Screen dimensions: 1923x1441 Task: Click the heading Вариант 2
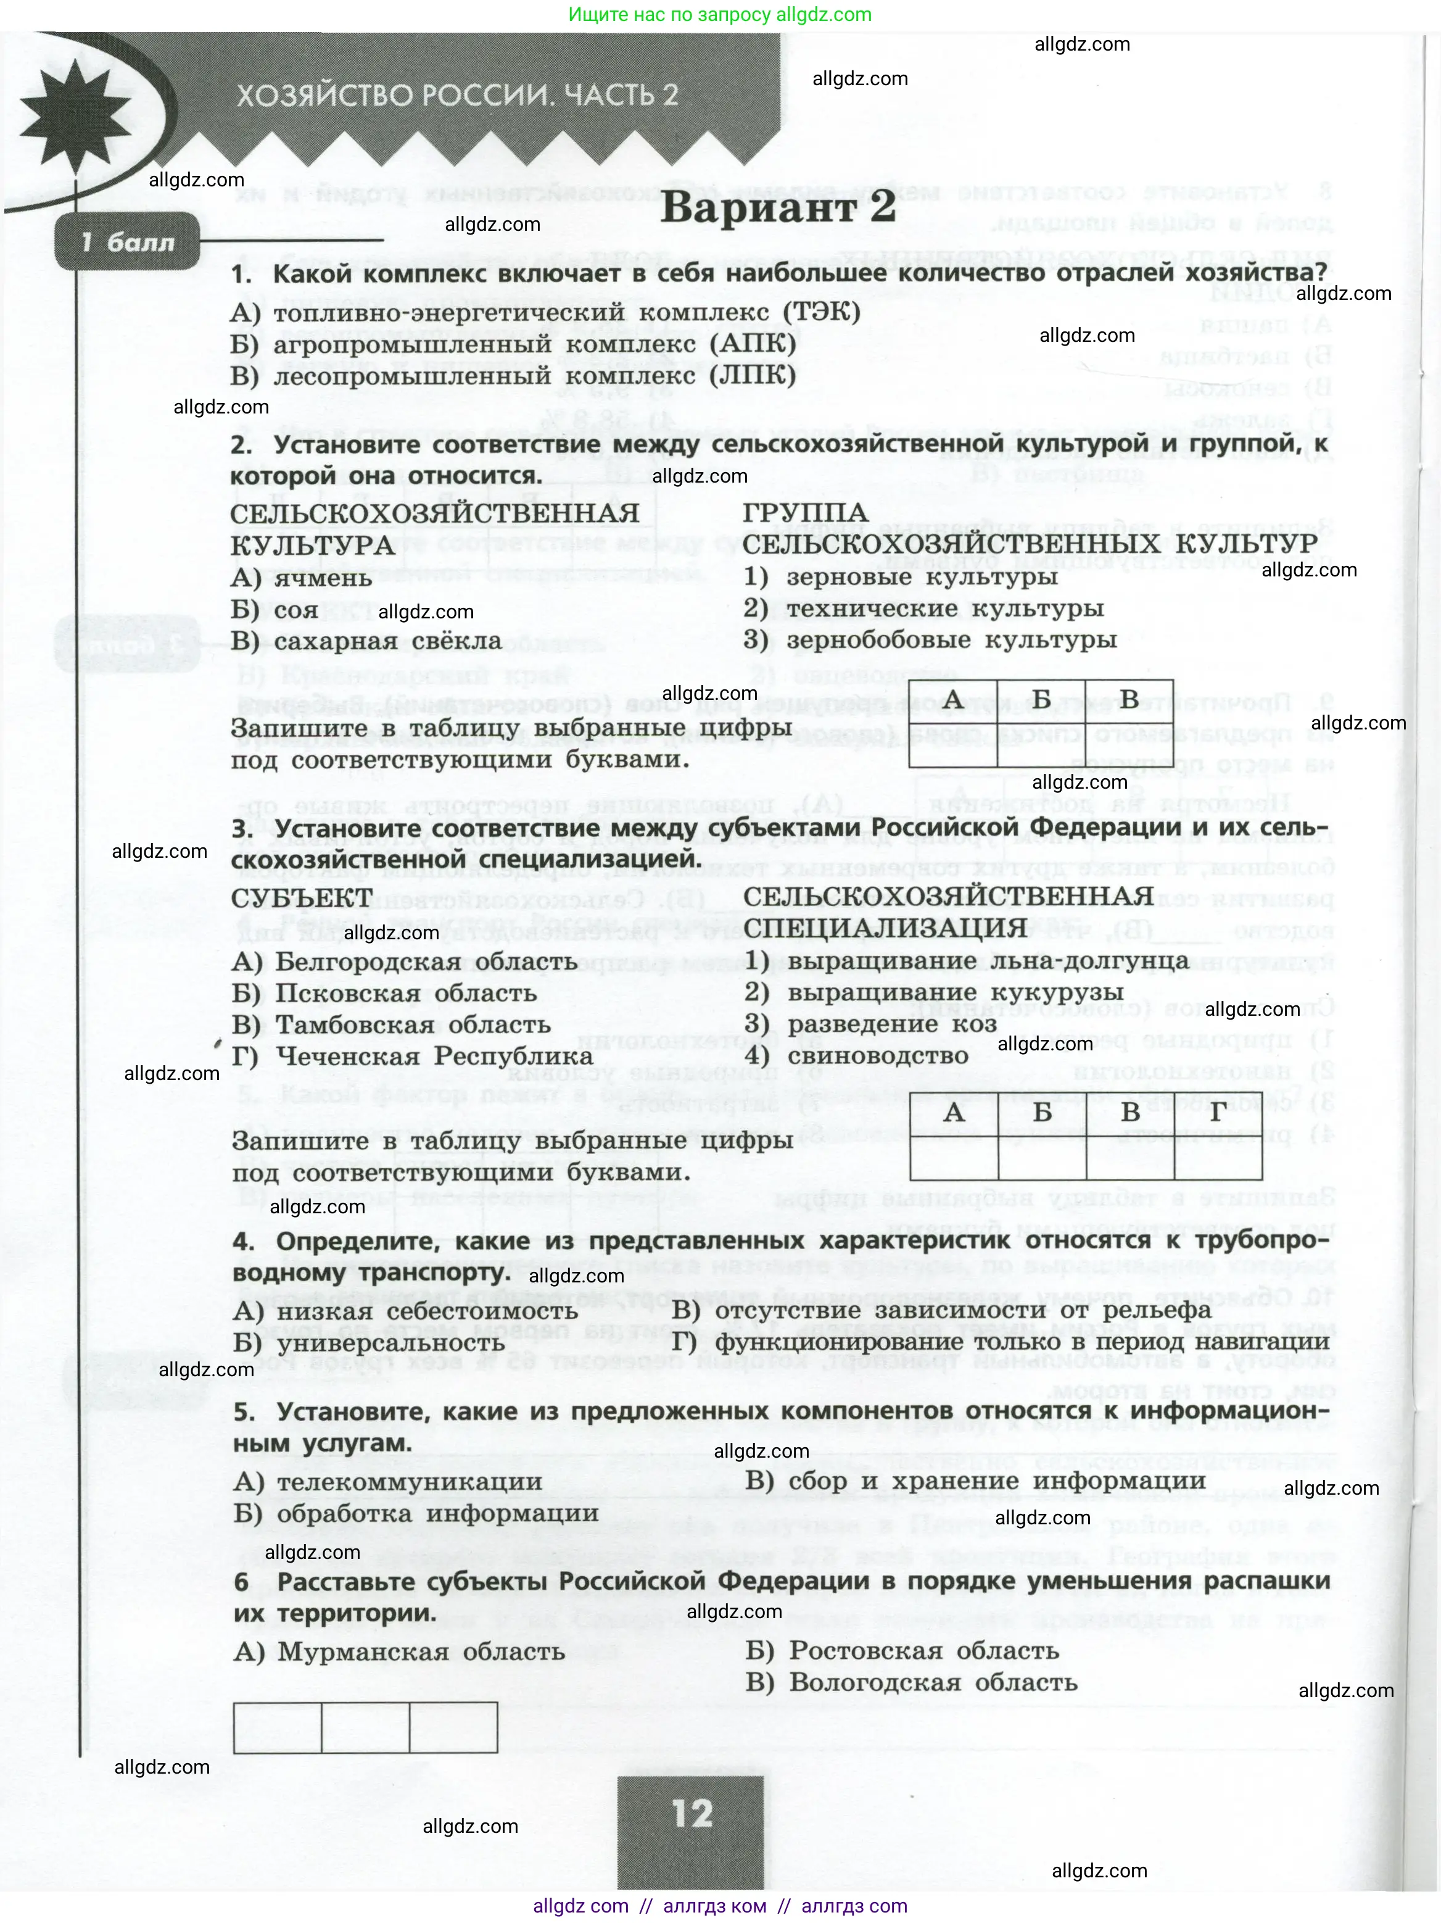(778, 209)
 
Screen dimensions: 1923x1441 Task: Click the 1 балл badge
(127, 242)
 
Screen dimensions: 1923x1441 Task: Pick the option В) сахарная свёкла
(366, 642)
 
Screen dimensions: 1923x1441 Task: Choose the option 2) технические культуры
(924, 608)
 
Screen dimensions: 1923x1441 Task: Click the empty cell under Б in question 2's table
(1041, 744)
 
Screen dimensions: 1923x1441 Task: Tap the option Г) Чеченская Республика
(413, 1057)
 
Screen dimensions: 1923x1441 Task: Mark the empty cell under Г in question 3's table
(1218, 1157)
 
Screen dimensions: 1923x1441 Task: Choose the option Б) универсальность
(370, 1343)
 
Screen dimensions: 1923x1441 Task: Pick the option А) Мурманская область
(400, 1651)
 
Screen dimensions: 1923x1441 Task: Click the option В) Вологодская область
(912, 1682)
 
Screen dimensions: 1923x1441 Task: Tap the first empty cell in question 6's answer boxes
(277, 1727)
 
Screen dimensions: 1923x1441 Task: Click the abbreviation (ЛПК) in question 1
(753, 376)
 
